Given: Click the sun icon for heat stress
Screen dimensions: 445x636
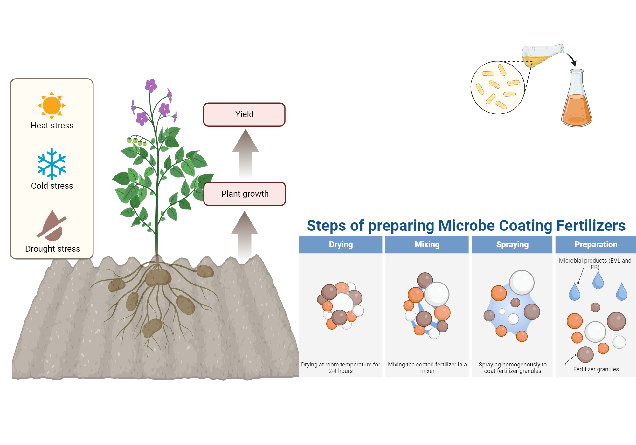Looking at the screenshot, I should pos(52,105).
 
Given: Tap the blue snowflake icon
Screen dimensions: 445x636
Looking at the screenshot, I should pos(52,164).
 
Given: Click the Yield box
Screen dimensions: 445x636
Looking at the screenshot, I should pos(244,114).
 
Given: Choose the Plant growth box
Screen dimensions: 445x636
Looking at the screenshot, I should pos(245,194).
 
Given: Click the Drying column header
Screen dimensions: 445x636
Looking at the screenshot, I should pos(341,244).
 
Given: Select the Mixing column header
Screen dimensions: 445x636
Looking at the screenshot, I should pos(427,244).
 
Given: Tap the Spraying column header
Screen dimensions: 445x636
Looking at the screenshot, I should pos(512,244).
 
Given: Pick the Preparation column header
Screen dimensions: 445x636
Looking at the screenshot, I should pos(596,244).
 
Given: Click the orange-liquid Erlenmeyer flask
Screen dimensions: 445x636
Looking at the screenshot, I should pos(577,102).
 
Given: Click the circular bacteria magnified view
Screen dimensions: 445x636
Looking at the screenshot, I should pos(497,88).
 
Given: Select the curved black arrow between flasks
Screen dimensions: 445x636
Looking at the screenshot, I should pos(572,59).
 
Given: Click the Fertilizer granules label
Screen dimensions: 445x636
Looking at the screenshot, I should pos(596,369).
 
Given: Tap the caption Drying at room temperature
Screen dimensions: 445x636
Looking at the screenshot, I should pos(341,367).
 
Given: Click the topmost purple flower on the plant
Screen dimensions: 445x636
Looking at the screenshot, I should pos(151,85).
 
